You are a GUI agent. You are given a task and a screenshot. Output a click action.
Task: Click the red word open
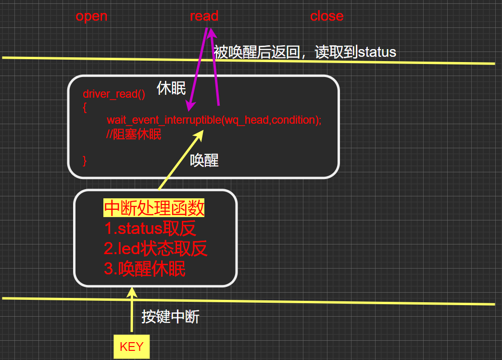coord(91,16)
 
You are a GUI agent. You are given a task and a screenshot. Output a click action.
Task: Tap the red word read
coord(204,16)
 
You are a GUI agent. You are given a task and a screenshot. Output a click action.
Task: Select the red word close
coord(326,16)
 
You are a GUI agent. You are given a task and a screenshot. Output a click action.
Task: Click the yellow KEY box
coord(131,347)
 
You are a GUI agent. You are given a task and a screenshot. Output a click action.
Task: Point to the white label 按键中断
coord(170,317)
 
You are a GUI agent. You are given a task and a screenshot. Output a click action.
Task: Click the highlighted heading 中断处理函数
coord(154,209)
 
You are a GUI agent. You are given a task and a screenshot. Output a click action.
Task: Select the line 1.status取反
coord(150,229)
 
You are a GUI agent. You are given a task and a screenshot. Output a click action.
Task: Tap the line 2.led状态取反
coord(155,249)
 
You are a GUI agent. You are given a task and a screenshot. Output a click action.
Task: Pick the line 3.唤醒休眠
coord(144,269)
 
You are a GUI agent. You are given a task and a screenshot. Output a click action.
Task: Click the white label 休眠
coord(171,89)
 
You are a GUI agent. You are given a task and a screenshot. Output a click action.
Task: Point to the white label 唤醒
coord(204,160)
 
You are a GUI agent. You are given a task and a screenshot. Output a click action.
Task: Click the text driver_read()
coord(113,94)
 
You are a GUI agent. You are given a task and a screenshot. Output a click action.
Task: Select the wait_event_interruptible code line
coord(213,120)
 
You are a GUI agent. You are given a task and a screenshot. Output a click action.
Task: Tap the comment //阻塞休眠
coord(134,134)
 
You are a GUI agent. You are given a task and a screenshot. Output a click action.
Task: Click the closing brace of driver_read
coord(85,160)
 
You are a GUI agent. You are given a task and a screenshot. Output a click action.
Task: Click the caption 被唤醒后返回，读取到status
coord(305,52)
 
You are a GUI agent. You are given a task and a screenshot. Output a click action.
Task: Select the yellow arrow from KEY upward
coord(131,310)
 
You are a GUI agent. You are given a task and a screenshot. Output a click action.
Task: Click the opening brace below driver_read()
coord(85,107)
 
